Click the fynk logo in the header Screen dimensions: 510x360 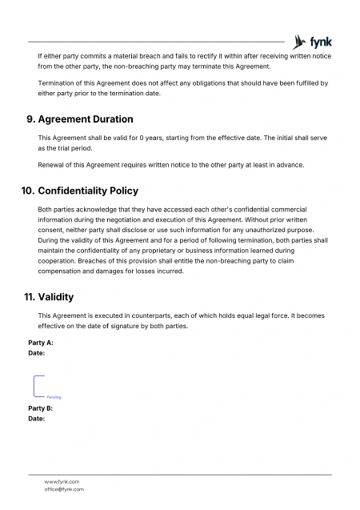point(314,42)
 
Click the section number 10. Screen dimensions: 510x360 point(28,191)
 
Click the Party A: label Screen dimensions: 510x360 point(40,343)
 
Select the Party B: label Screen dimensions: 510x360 point(40,408)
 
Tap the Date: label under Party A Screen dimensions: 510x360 point(36,352)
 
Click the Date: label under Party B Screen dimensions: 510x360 point(36,418)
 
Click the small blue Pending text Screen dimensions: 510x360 point(54,397)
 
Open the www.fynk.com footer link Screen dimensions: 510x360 point(62,481)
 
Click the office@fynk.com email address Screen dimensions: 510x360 point(64,489)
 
